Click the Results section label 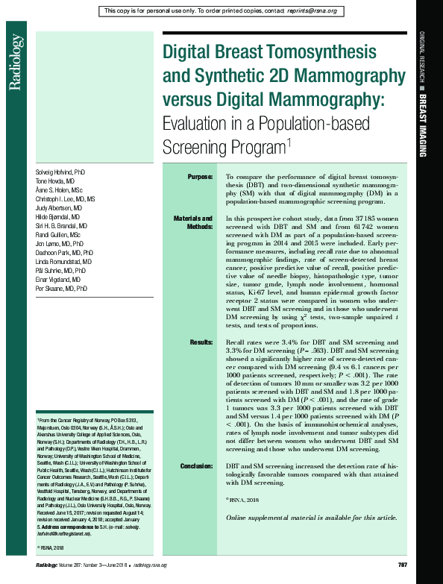point(200,342)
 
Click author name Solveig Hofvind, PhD point(60,172)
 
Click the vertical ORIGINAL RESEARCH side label point(421,57)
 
